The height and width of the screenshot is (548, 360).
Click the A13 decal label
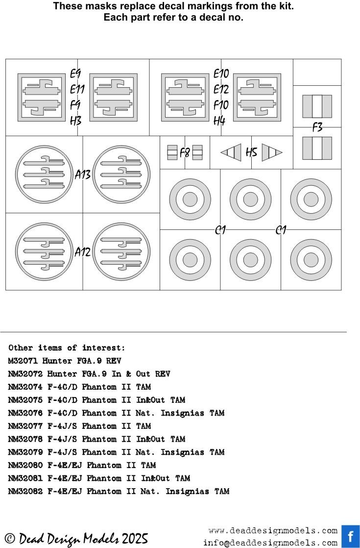(x=83, y=174)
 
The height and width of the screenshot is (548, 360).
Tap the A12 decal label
(x=83, y=251)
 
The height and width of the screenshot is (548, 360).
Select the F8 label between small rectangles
(x=185, y=153)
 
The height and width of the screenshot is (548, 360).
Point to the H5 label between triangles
(x=251, y=152)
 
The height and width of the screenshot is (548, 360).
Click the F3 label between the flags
(x=317, y=127)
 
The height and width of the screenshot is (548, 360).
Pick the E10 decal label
(x=221, y=74)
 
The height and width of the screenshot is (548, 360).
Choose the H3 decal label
(x=76, y=121)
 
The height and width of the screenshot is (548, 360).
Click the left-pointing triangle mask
(x=231, y=152)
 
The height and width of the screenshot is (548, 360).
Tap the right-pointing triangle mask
(x=272, y=152)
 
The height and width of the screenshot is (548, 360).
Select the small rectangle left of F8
(x=172, y=152)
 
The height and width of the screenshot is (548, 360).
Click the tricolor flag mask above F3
(x=317, y=106)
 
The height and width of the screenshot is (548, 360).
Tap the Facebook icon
(x=351, y=536)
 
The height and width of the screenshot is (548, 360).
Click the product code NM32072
(x=25, y=374)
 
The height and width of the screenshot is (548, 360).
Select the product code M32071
(x=23, y=361)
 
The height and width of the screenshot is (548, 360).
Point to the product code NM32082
(x=25, y=491)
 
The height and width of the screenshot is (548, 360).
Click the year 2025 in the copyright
(x=135, y=539)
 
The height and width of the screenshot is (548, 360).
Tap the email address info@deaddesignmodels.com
(x=270, y=543)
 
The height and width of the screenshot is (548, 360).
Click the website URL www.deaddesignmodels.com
(x=273, y=531)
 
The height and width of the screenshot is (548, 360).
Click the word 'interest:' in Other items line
(x=103, y=348)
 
